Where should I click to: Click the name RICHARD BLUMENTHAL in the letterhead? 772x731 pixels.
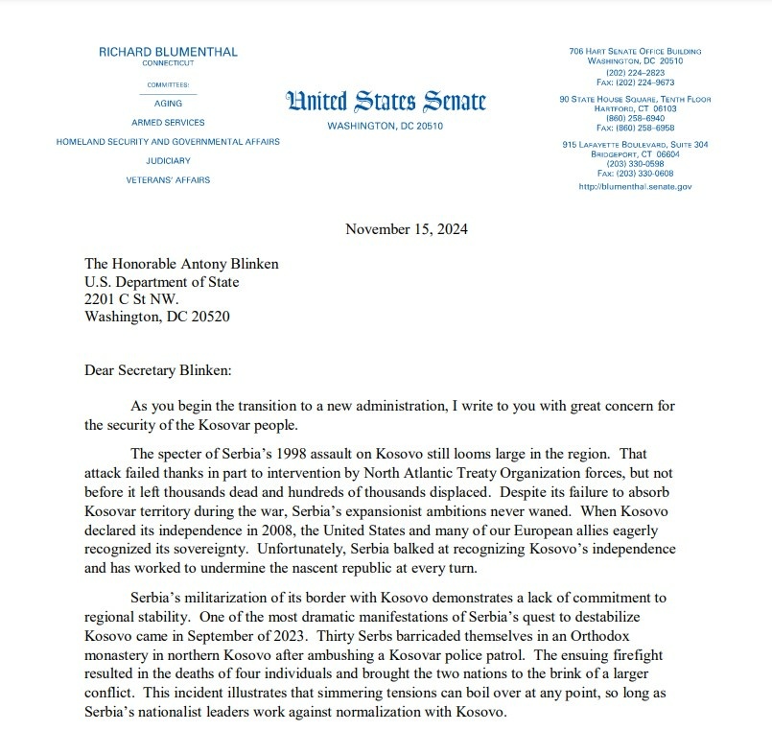(168, 52)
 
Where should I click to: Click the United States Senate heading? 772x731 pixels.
(386, 102)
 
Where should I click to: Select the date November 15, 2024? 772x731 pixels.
(407, 229)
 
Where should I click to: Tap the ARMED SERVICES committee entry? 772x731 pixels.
(168, 123)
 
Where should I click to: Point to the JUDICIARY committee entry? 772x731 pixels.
(168, 161)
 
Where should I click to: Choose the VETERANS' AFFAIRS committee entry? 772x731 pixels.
(168, 180)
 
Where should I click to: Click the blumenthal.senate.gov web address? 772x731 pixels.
(635, 187)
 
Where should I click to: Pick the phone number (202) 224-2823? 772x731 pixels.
(635, 73)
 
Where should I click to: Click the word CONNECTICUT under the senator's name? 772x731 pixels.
(168, 63)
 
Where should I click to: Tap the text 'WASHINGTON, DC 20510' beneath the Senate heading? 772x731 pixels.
(386, 127)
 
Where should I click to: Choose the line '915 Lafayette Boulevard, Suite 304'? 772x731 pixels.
(635, 144)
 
